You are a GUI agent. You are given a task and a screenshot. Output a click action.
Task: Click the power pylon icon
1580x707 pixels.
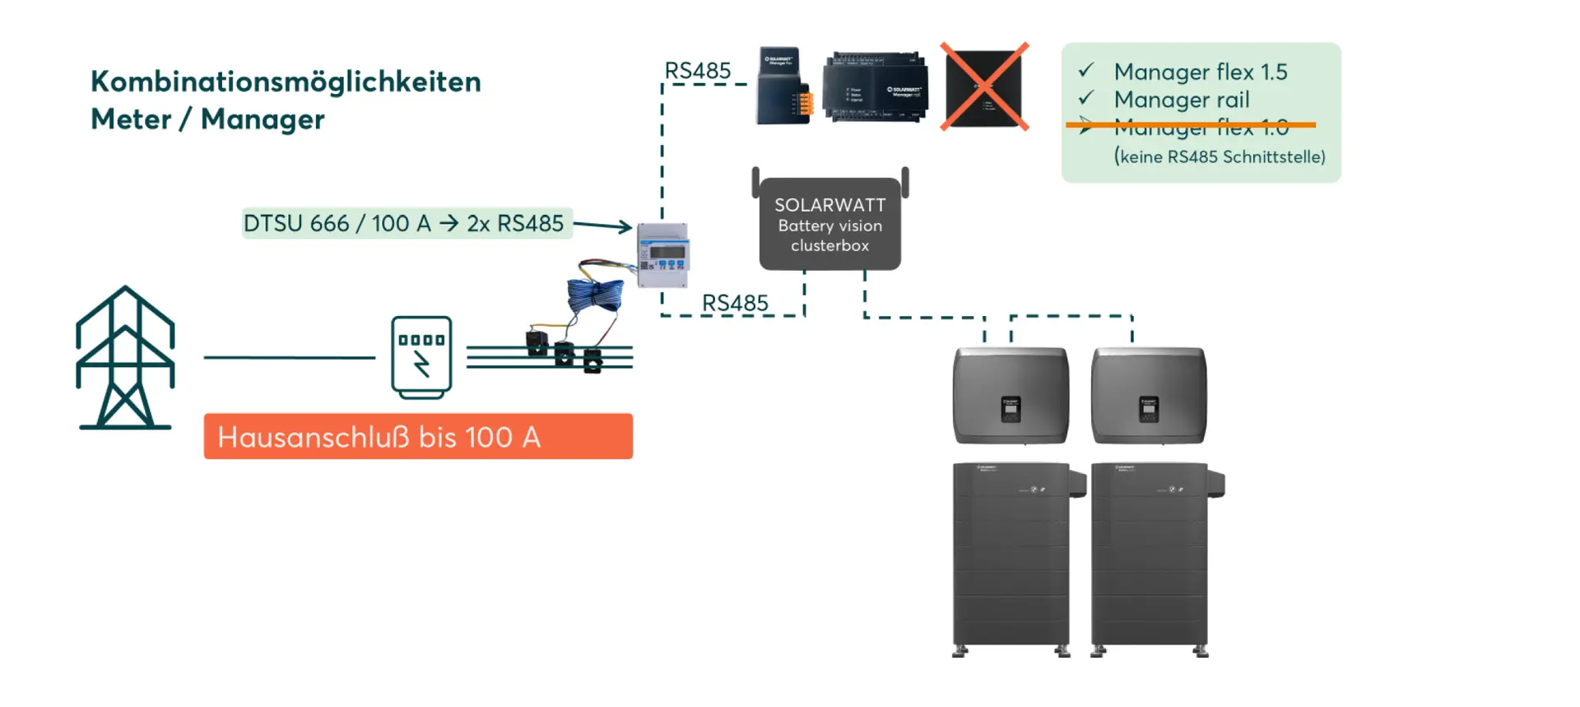[125, 357]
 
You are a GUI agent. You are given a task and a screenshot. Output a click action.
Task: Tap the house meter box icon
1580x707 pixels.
[421, 357]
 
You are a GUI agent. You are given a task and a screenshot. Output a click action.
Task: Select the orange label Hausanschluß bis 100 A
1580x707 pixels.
[418, 436]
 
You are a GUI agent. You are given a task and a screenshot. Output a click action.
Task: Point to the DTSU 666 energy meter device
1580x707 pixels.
[663, 255]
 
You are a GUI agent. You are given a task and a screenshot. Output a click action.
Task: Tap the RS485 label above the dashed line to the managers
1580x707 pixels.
[698, 72]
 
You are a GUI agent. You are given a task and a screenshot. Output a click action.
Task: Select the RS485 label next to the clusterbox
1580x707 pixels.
[735, 303]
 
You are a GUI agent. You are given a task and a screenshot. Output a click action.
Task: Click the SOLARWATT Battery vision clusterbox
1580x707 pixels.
[829, 224]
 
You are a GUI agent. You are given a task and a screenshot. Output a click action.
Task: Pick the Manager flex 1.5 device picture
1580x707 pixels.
[783, 86]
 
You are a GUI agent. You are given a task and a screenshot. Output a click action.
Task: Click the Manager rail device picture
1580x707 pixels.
[875, 87]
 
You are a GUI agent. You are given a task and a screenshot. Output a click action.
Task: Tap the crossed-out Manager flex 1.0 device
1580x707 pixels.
[985, 86]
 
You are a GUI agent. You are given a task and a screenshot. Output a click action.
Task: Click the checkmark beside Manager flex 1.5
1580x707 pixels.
[1086, 71]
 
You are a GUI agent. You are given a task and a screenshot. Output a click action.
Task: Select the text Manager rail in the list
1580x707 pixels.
[1182, 100]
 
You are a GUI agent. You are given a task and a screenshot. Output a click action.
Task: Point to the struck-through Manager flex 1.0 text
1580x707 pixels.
[1201, 128]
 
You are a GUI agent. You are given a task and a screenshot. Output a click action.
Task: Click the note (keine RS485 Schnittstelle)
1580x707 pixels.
[1220, 156]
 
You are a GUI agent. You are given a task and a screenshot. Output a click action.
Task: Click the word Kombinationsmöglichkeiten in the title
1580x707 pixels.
[286, 81]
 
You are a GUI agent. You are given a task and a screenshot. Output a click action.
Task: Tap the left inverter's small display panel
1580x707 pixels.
[1011, 408]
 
